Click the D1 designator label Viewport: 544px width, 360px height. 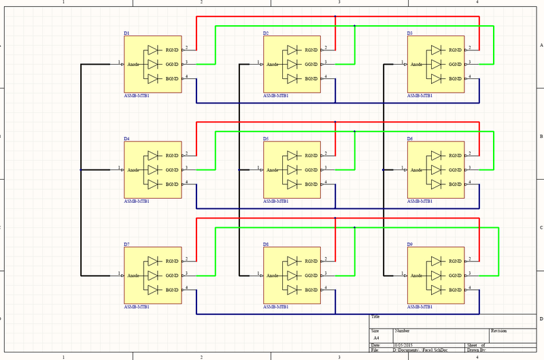[126, 33]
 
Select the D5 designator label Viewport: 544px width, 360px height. [266, 139]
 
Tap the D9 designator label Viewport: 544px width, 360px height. [409, 244]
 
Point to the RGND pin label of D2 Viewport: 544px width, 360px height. [311, 50]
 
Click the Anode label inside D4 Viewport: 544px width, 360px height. [134, 169]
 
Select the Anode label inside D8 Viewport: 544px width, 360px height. [273, 275]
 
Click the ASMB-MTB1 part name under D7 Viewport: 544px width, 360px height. [137, 308]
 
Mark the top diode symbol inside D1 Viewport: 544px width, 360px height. [153, 50]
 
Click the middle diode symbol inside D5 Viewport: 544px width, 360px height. [292, 169]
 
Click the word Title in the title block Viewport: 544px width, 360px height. [375, 316]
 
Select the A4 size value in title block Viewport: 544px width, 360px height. [376, 337]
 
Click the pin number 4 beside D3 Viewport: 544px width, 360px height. [470, 76]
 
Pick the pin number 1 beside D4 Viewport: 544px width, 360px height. [118, 167]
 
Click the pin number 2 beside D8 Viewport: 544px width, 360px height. [326, 258]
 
